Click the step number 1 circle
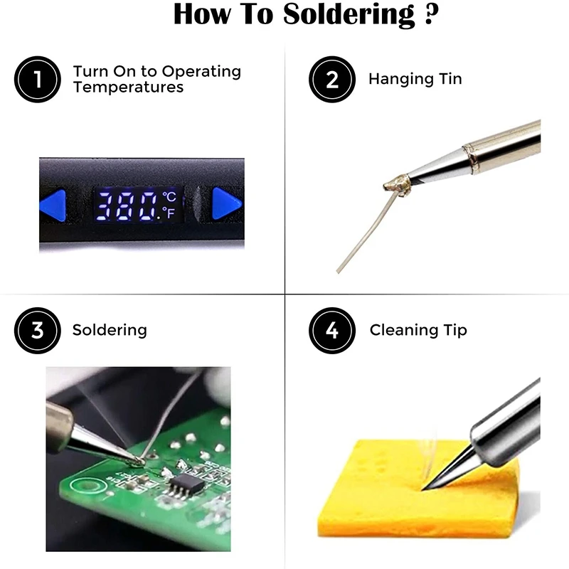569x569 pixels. [x=38, y=79]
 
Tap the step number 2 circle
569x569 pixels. [x=332, y=79]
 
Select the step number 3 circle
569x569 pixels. [x=38, y=330]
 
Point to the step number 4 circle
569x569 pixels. [x=332, y=330]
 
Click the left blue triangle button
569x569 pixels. [x=55, y=205]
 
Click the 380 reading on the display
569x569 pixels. [x=127, y=206]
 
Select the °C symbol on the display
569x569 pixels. [x=169, y=197]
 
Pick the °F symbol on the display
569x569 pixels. [x=169, y=213]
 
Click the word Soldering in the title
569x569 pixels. [x=349, y=14]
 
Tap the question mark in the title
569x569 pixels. [x=431, y=14]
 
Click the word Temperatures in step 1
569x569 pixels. [x=128, y=87]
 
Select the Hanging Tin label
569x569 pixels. [x=415, y=79]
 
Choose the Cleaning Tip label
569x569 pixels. [x=418, y=330]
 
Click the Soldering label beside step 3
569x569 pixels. [x=110, y=330]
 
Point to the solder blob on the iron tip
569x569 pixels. [x=396, y=184]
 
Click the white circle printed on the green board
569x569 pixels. [x=86, y=485]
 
